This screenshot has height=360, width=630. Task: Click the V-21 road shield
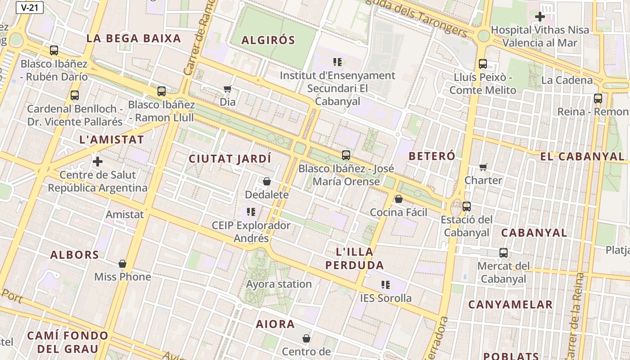pos(30,8)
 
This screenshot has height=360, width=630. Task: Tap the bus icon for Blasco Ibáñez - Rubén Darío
pos(54,50)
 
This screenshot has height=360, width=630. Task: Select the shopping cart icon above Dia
pos(228,89)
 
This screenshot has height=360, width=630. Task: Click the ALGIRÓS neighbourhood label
pos(268,40)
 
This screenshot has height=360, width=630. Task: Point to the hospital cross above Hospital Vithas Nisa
pos(540,17)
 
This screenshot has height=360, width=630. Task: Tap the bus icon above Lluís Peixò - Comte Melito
pos(483,64)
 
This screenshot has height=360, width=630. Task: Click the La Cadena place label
pos(567,80)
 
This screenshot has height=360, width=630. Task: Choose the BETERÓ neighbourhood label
pos(432,156)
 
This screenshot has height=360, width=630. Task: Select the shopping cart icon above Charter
pos(483,167)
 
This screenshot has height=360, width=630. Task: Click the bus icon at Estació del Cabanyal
pos(467,207)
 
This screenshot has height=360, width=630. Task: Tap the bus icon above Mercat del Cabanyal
pos(504,253)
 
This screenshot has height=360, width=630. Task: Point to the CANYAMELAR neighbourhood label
pos(510,305)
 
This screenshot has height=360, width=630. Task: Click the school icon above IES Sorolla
pos(386,284)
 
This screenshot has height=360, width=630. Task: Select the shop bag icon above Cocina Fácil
pos(399,199)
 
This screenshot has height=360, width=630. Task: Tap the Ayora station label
pos(279,284)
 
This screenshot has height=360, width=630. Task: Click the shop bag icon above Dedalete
pos(267,181)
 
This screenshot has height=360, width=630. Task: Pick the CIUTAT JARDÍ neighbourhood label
pos(230,159)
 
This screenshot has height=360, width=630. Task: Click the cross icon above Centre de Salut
pos(98,161)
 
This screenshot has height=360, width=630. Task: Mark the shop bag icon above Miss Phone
pos(122,264)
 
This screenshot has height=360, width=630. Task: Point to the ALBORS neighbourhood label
pos(75,255)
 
